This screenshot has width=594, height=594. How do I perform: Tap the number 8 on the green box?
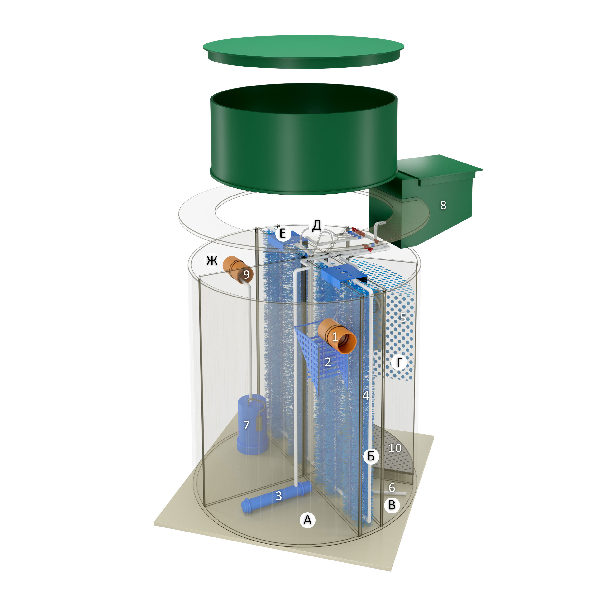click(x=443, y=205)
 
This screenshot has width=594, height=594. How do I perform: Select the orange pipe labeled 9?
click(x=238, y=270)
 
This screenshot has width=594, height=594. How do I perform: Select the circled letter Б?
click(x=371, y=456)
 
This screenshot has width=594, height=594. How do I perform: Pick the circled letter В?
click(x=392, y=505)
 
